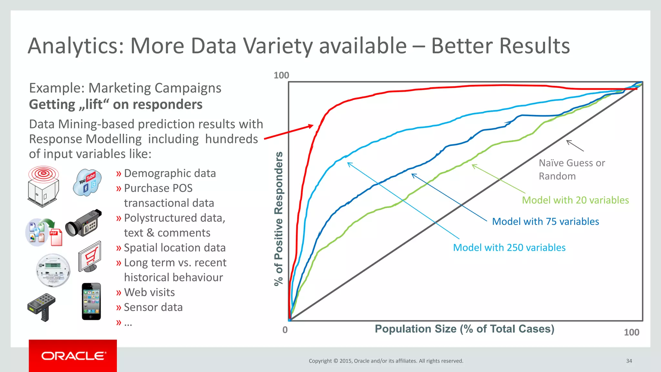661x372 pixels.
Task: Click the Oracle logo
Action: click(73, 356)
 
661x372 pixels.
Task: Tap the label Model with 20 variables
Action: click(575, 200)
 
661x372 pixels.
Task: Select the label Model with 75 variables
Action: click(545, 222)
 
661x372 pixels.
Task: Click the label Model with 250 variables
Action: click(509, 248)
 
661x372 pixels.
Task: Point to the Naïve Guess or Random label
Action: click(571, 170)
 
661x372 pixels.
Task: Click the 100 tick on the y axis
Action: click(281, 76)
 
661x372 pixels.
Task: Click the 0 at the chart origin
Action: click(285, 330)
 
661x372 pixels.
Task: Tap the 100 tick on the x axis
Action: click(631, 332)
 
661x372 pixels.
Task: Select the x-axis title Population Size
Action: click(464, 329)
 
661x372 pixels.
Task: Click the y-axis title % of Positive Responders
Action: click(279, 219)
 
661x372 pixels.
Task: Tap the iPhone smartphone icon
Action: click(91, 301)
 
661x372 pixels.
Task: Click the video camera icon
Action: click(84, 223)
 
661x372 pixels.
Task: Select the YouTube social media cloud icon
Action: click(87, 182)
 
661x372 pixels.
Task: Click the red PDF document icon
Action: click(56, 237)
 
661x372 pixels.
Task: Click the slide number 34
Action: click(629, 361)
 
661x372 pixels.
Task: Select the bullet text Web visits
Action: click(149, 292)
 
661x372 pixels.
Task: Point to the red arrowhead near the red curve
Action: click(310, 126)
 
